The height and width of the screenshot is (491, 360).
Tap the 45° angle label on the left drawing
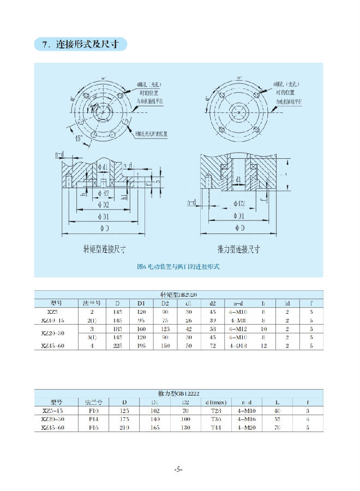click(x=82, y=139)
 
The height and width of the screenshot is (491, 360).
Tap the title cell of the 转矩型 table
click(x=178, y=295)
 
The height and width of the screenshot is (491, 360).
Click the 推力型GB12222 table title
click(x=178, y=393)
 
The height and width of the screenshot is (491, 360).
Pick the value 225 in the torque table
click(x=117, y=346)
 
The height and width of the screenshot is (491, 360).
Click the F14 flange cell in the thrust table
click(x=93, y=419)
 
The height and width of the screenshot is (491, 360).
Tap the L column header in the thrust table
click(x=277, y=402)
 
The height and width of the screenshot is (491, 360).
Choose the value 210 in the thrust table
click(x=124, y=428)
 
